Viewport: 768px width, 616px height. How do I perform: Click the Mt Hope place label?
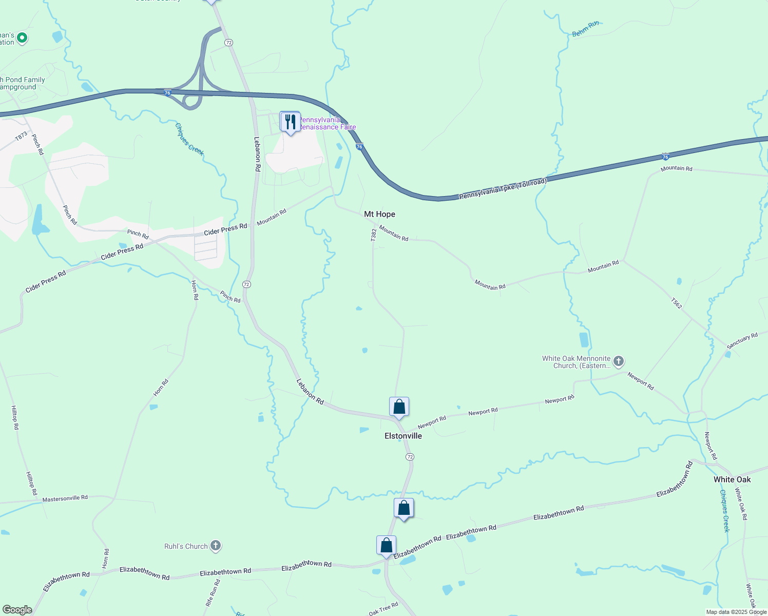[x=379, y=214]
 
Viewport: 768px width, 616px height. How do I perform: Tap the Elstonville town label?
[x=403, y=436]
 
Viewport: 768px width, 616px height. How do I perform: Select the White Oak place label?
[x=732, y=479]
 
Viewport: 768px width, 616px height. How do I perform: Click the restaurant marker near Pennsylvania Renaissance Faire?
[x=291, y=122]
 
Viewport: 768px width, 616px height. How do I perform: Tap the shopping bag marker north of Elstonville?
[x=399, y=407]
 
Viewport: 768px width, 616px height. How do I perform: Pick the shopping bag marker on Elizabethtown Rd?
[x=386, y=545]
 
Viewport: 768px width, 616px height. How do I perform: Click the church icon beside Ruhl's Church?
[x=216, y=546]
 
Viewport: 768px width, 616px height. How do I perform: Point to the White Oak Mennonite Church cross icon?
[x=619, y=361]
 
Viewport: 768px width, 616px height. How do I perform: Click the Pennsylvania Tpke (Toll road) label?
[x=503, y=189]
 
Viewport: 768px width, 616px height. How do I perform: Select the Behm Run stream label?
[x=585, y=29]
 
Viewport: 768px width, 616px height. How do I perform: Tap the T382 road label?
[x=374, y=235]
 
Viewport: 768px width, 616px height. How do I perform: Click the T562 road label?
[x=676, y=303]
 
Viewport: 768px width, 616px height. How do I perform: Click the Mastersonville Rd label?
[x=65, y=498]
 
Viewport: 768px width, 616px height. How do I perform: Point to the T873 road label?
[x=21, y=137]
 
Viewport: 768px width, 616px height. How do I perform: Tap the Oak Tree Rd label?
[x=383, y=609]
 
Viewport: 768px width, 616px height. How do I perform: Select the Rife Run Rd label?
[x=213, y=593]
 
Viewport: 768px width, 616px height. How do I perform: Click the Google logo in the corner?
[x=17, y=609]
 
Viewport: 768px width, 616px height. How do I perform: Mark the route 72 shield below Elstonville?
[x=409, y=456]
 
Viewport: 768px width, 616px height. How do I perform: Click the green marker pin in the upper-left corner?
[x=22, y=37]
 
